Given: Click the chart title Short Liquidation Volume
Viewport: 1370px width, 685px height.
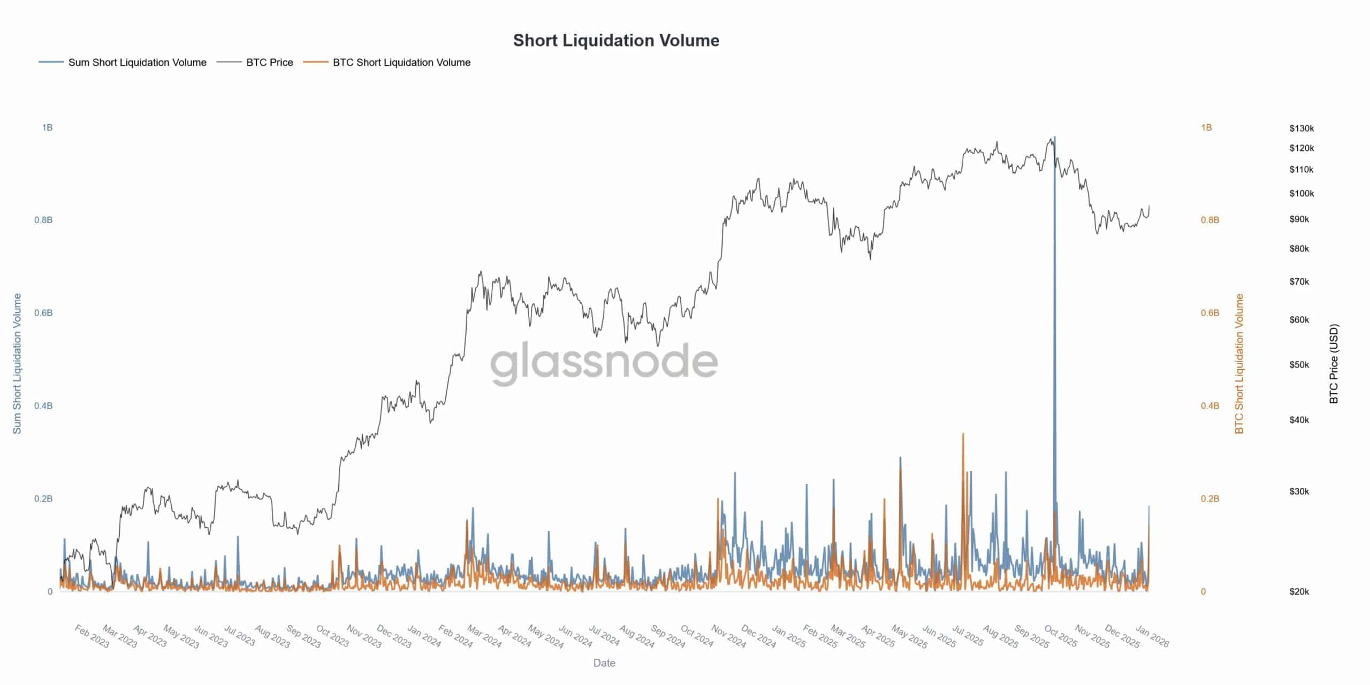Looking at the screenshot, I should (616, 41).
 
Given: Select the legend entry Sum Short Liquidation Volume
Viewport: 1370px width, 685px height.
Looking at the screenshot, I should (137, 63).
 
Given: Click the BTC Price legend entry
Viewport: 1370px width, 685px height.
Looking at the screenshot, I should (269, 63).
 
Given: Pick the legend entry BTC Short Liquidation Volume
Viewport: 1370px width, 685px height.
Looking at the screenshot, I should (401, 63).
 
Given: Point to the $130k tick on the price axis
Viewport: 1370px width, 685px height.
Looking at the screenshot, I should (1301, 128).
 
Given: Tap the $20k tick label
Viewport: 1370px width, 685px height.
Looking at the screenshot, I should (1299, 591).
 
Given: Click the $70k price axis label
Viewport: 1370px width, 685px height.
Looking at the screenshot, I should (1299, 281).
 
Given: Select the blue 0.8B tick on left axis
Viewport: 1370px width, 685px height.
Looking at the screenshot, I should (43, 220).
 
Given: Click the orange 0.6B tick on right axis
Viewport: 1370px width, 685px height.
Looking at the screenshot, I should (1209, 313).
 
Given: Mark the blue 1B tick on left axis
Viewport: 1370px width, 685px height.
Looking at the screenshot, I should (47, 127).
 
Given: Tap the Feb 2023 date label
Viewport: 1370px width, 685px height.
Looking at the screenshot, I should (92, 636).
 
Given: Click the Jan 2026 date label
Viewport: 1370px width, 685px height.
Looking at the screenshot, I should (1152, 636).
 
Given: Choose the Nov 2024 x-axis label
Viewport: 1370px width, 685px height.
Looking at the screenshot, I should (729, 636).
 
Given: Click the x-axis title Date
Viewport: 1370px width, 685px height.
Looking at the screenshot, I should (604, 663).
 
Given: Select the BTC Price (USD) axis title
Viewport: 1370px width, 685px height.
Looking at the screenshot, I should (1334, 363).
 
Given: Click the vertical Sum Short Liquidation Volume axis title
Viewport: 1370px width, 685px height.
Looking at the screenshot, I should (17, 363).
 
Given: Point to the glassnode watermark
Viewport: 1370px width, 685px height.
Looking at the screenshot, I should (604, 362).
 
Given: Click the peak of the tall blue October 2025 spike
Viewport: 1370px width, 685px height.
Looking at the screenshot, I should (1054, 138).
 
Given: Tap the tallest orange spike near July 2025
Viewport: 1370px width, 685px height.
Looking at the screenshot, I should (963, 434).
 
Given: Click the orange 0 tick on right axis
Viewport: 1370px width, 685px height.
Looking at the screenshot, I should (1203, 591).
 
